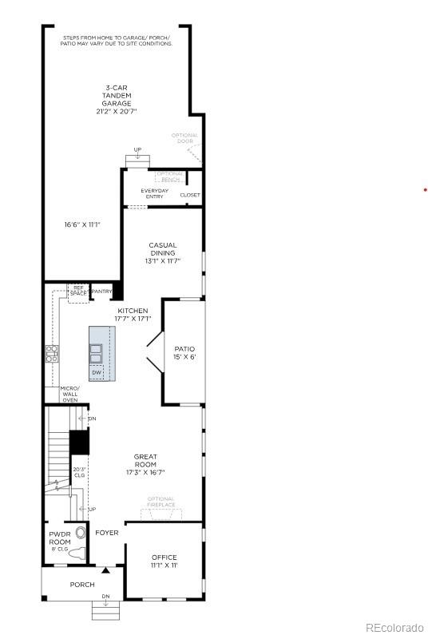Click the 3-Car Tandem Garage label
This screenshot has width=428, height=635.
[x=117, y=99]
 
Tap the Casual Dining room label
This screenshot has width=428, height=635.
[x=162, y=252]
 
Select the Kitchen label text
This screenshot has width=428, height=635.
[x=133, y=314]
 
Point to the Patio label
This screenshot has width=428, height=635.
[x=184, y=353]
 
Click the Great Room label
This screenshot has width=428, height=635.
[x=145, y=464]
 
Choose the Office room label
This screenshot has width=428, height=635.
[x=164, y=561]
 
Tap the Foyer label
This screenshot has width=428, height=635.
[x=107, y=532]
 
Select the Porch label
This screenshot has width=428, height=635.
[x=82, y=585]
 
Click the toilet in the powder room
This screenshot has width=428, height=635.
[x=77, y=554]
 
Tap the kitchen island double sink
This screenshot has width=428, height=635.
[x=97, y=352]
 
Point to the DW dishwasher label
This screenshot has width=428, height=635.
[x=97, y=372]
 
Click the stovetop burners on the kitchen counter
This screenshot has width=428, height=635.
[x=52, y=353]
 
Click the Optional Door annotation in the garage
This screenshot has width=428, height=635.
[x=184, y=138]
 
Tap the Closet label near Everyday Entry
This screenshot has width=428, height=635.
[x=190, y=195]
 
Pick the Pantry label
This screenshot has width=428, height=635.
[x=101, y=292]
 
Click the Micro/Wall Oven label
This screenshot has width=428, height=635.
[x=70, y=394]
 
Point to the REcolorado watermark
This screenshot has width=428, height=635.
[x=394, y=625]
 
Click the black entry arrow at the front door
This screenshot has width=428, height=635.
[x=105, y=570]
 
